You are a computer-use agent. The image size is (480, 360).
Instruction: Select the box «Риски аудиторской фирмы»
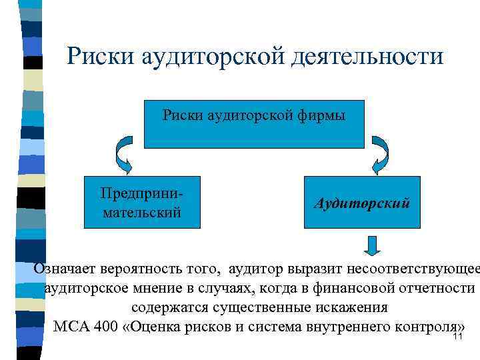point(254,125)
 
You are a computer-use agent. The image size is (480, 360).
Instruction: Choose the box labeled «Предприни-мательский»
point(141,203)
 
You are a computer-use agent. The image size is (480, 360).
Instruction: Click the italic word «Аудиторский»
point(362,202)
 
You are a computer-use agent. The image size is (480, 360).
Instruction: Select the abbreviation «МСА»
point(69,328)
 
